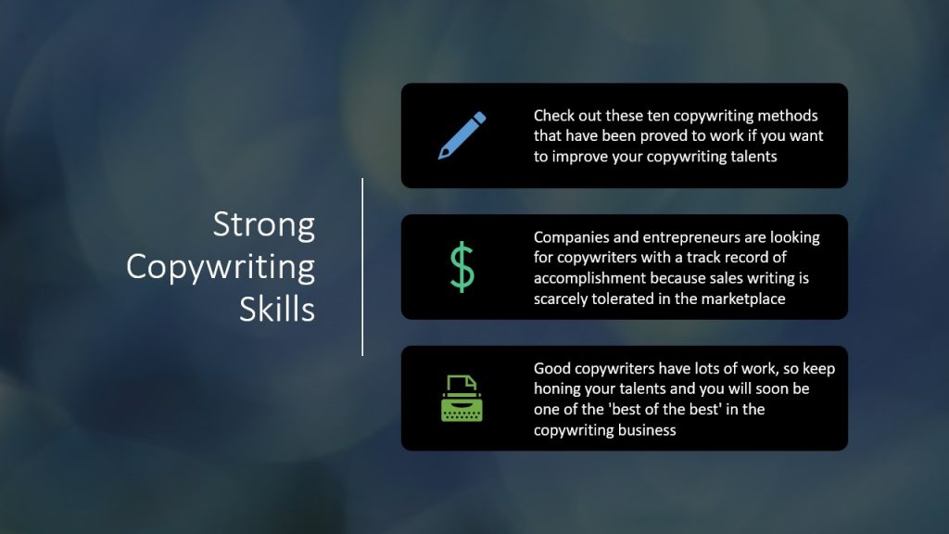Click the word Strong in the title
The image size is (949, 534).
pos(264,225)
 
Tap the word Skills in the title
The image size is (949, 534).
pos(277,309)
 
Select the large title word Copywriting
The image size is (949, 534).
pos(221,268)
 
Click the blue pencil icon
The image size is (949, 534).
pos(462,135)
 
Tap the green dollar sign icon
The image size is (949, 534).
pos(462,267)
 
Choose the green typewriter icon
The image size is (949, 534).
pos(462,399)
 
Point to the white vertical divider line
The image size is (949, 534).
pos(362,267)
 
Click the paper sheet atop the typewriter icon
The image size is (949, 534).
pos(462,384)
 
